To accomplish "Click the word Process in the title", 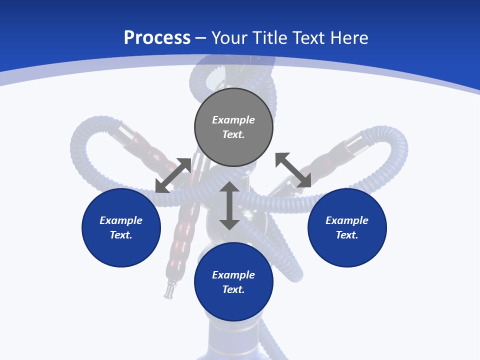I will tap(157, 38).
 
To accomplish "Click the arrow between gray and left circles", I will tap(173, 175).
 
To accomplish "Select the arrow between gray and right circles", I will tap(293, 170).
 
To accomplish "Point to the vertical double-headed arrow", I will tap(229, 205).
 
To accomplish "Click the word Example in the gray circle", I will tap(233, 120).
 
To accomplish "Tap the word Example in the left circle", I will tap(121, 220).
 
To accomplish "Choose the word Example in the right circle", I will tap(347, 220).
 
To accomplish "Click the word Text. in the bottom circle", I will tap(233, 289).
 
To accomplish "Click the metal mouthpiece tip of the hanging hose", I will tap(170, 289).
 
